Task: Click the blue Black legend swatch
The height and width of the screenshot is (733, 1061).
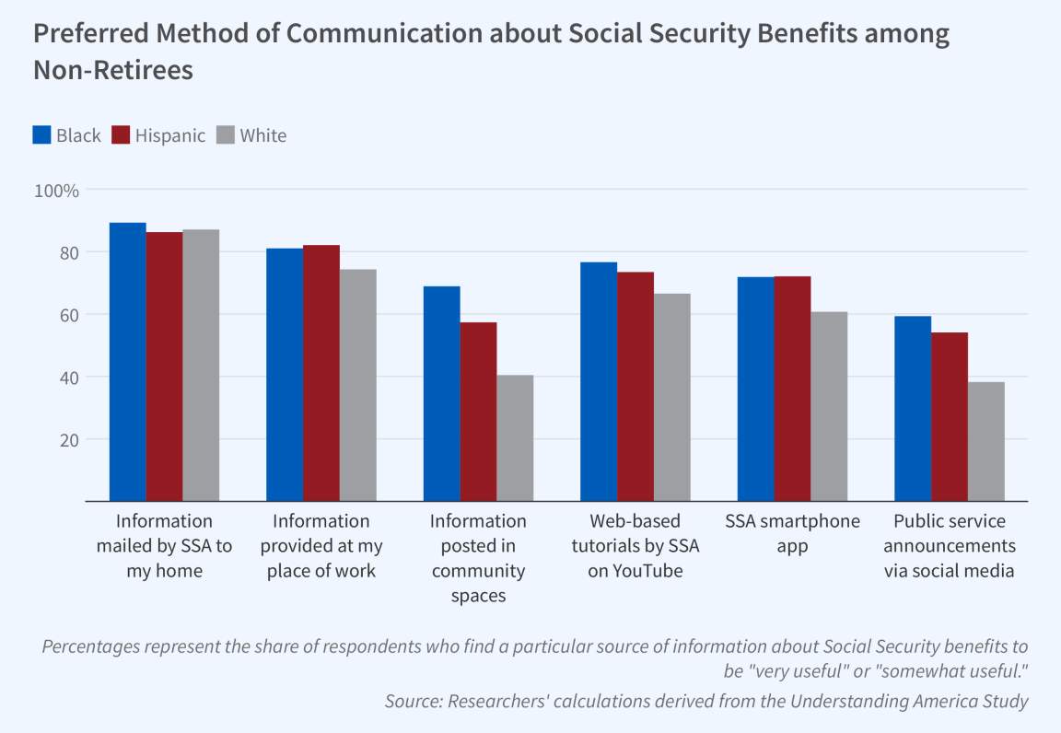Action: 41,135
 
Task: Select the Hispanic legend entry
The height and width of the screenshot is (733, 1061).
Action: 158,135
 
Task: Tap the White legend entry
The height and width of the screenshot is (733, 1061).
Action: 251,135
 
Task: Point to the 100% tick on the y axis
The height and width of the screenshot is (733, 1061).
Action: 57,191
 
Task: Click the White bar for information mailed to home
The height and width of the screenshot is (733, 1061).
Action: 201,366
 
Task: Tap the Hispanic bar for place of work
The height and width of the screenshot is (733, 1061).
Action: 321,373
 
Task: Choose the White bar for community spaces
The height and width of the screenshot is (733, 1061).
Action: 515,438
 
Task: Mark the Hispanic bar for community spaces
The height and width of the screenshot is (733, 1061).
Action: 478,412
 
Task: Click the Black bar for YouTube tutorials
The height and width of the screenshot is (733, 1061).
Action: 599,381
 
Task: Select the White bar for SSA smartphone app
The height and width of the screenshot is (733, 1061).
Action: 829,407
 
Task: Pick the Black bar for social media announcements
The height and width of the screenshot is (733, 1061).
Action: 913,409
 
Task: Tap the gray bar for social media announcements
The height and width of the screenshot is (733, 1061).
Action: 986,442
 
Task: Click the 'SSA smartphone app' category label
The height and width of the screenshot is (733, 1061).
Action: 792,533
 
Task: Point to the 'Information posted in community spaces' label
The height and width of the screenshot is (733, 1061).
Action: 478,558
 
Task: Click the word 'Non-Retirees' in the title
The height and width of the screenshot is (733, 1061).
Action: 113,71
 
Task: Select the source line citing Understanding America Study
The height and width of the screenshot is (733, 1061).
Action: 705,702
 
